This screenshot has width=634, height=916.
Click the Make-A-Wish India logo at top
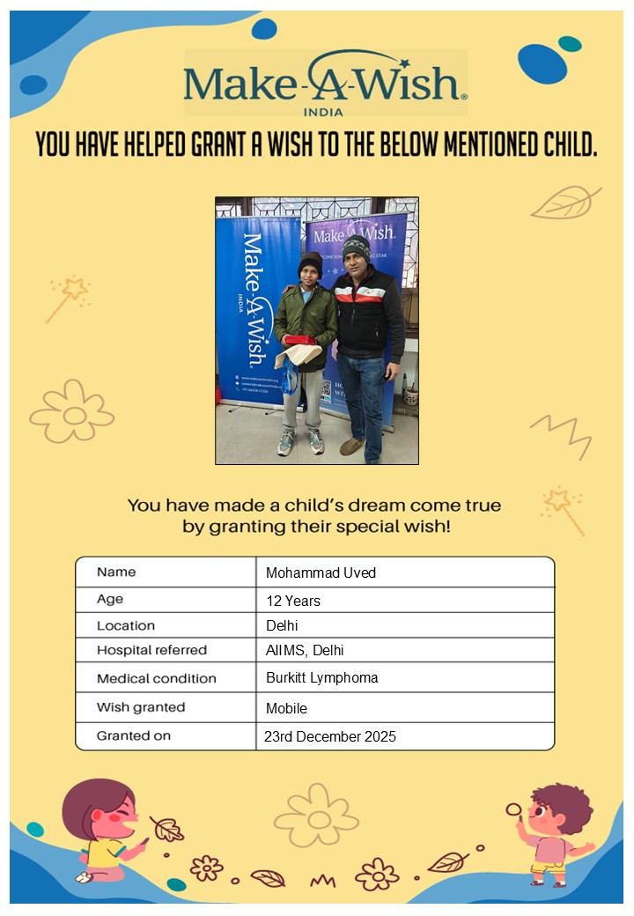[x=325, y=83]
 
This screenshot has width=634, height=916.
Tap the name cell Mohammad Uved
[x=321, y=572]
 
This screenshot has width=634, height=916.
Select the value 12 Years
[x=293, y=601]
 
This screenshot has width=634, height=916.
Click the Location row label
[x=126, y=625]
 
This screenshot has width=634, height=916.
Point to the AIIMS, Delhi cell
[x=305, y=650]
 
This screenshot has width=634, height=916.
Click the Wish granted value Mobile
[x=286, y=707]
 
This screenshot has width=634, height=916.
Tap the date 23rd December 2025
[x=330, y=736]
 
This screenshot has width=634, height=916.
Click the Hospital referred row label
[x=151, y=650]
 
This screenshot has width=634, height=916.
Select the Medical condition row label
[x=156, y=678]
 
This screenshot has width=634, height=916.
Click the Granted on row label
[x=134, y=735]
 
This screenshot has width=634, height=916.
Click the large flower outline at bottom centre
[x=316, y=817]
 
